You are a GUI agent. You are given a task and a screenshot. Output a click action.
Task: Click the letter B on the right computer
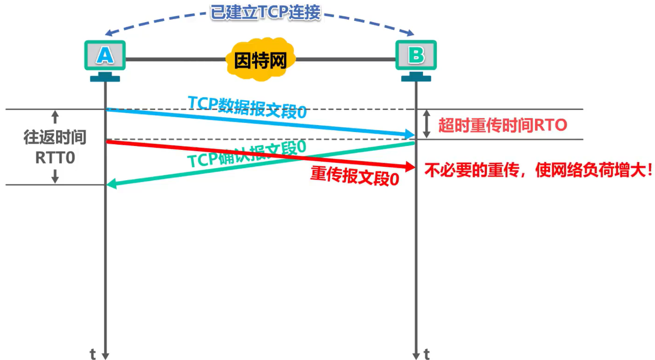coord(416,56)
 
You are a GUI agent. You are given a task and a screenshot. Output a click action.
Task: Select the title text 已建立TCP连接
coord(265,13)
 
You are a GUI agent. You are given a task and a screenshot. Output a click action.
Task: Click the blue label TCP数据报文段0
coord(247,107)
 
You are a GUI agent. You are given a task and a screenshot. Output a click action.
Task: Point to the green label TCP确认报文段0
coord(246,153)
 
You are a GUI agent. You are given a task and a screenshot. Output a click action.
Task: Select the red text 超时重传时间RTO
coord(503,125)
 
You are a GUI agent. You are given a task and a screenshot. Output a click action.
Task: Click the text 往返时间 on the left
coord(55,138)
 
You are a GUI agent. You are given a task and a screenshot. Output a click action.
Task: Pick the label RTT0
coord(55,158)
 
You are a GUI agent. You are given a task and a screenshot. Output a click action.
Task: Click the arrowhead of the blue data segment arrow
coord(410,135)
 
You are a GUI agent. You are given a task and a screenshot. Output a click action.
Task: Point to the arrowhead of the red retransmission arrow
coord(409,166)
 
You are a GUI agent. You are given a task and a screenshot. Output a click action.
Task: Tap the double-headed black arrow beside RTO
coord(428,125)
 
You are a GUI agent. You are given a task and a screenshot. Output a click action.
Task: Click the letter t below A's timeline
coord(93,355)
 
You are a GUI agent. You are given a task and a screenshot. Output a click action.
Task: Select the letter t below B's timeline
coord(427,355)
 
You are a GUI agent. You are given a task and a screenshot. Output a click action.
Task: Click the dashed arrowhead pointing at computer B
coord(410,32)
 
